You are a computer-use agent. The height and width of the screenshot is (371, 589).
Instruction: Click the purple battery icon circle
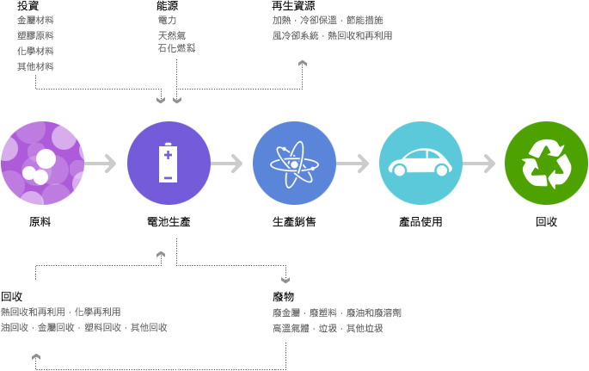tap(169, 163)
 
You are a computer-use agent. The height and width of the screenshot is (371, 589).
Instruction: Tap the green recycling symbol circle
tap(546, 163)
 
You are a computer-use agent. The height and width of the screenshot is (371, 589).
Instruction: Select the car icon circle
tap(420, 163)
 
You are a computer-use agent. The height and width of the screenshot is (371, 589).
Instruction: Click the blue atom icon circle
tap(294, 163)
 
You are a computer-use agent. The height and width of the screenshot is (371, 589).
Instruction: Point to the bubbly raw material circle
tap(42, 163)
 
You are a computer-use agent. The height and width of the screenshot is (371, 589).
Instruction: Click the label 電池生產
tap(169, 222)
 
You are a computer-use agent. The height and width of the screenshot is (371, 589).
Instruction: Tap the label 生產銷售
tap(294, 222)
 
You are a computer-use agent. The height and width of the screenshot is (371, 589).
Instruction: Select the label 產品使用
tap(420, 222)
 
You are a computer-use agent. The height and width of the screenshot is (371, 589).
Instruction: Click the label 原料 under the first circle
tap(40, 222)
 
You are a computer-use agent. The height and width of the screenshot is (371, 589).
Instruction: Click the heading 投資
tap(28, 6)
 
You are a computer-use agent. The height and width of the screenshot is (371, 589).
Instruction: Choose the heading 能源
tap(168, 6)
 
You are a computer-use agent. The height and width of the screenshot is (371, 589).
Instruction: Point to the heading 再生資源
tap(293, 6)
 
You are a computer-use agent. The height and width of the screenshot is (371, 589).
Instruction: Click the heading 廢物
tap(283, 297)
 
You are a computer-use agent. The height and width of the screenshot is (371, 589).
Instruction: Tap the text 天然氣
tap(172, 35)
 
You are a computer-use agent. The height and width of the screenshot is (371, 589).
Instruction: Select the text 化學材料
tap(35, 51)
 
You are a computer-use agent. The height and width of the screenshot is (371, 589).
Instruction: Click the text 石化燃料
tap(176, 48)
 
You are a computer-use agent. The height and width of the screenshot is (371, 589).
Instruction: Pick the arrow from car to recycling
tap(480, 163)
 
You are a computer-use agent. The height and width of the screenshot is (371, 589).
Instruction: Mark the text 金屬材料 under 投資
tap(35, 20)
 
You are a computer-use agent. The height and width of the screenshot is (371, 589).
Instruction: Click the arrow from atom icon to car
tap(353, 163)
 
